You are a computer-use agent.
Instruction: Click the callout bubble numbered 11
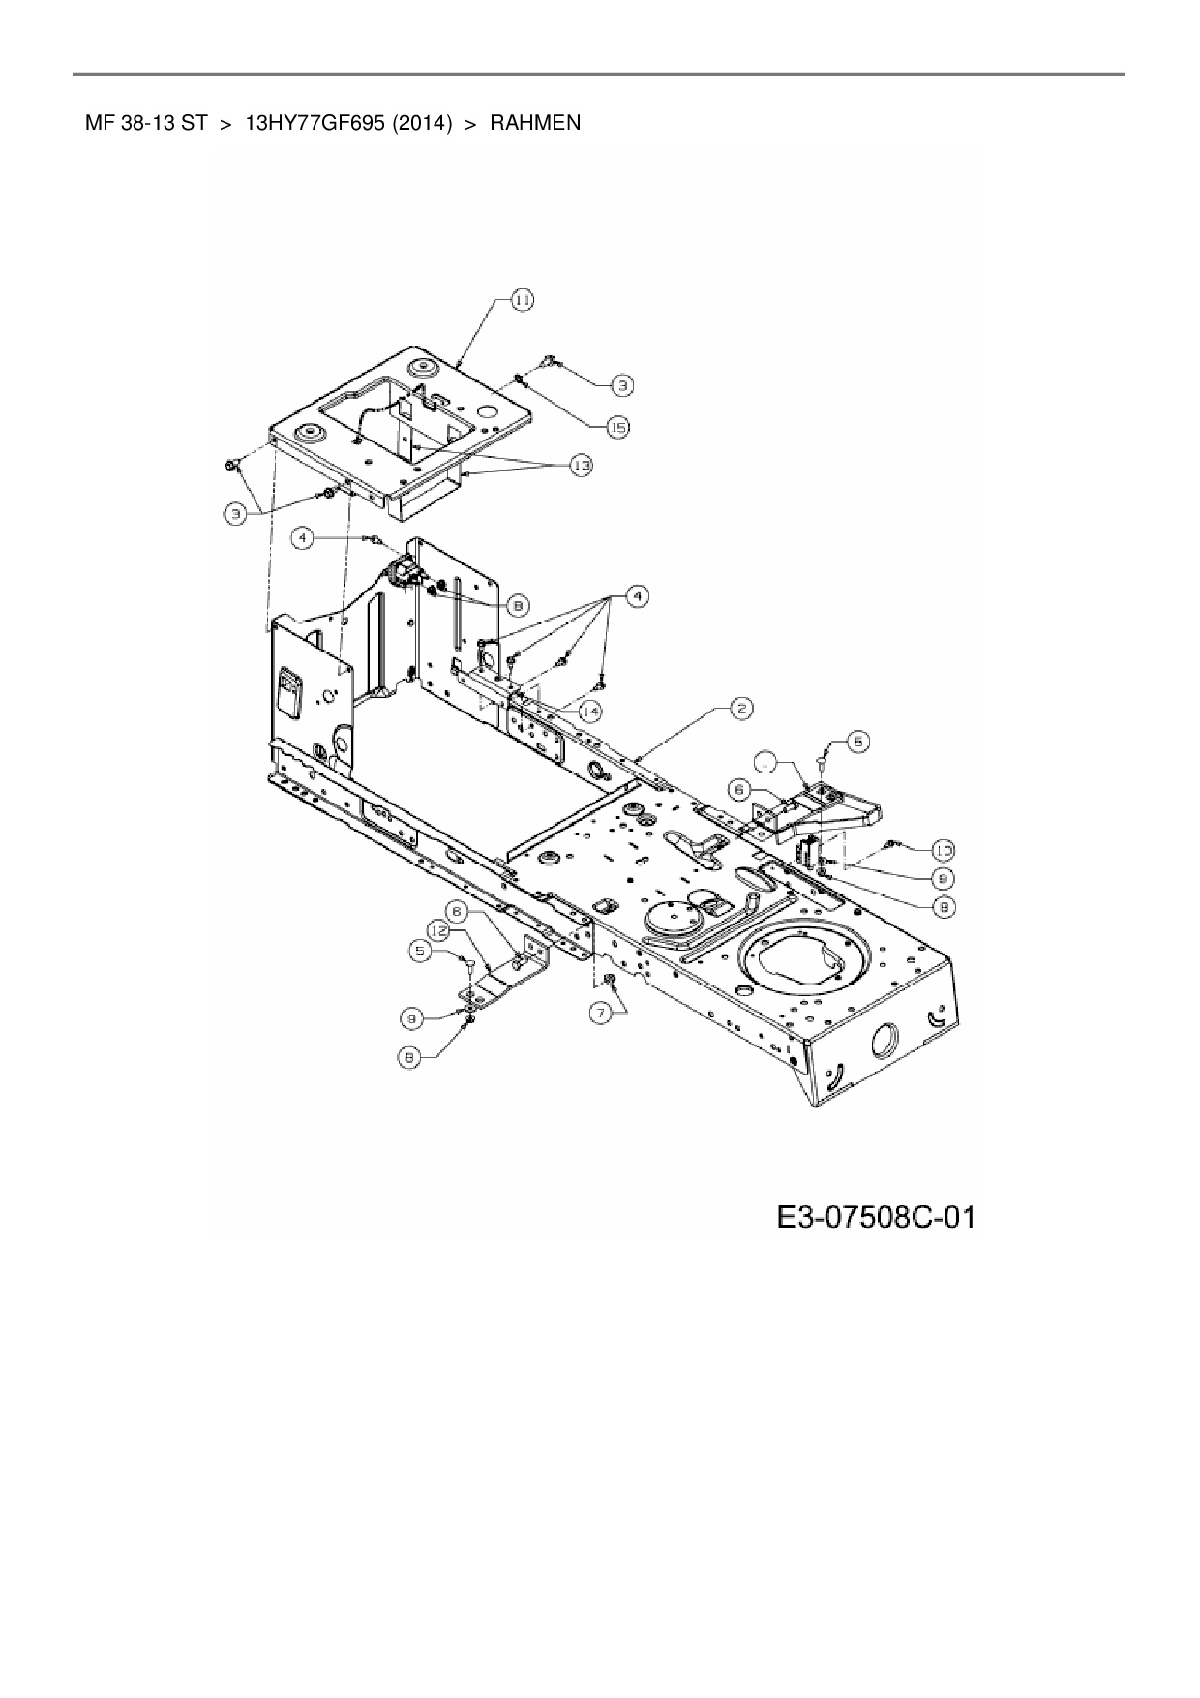522,301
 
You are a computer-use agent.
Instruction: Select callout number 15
617,426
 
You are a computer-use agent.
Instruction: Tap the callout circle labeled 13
581,466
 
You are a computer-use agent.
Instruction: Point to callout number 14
588,712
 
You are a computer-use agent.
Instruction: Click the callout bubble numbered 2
740,709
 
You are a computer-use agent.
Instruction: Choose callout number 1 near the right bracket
766,764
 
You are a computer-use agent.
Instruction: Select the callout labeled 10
942,850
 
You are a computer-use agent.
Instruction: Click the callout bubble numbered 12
441,931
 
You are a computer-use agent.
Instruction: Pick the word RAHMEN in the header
535,123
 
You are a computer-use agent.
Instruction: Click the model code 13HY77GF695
315,123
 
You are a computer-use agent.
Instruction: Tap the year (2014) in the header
422,123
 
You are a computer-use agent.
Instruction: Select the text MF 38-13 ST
145,123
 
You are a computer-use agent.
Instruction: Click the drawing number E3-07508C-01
874,1216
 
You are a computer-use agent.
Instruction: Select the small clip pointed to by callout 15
521,379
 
